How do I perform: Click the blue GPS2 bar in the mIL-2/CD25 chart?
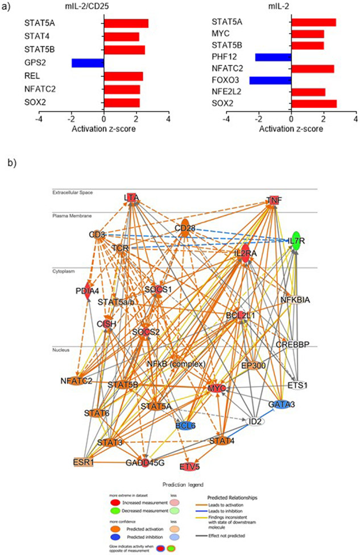[x=88, y=63]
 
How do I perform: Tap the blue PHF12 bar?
[x=273, y=57]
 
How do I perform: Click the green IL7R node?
[x=295, y=240]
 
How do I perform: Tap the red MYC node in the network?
[x=217, y=388]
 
